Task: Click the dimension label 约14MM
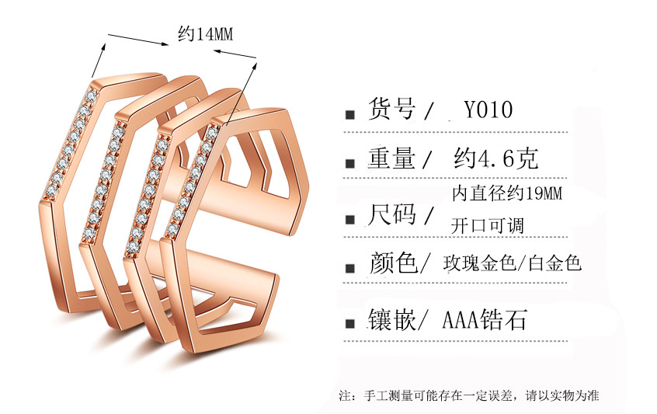[x=205, y=33]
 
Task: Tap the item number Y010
[x=488, y=110]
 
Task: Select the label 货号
[x=391, y=109]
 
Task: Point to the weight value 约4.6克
[x=495, y=158]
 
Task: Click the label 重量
[x=391, y=158]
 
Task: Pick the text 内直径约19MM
[x=507, y=193]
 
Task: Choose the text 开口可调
[x=487, y=226]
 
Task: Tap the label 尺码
[x=391, y=214]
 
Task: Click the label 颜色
[x=393, y=263]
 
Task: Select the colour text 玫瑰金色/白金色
[x=512, y=263]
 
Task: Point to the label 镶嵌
[x=391, y=320]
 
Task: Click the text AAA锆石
[x=484, y=320]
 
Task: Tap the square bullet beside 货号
[x=350, y=114]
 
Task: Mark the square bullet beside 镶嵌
[x=350, y=323]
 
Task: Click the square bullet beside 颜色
[x=350, y=268]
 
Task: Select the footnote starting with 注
[x=469, y=395]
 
